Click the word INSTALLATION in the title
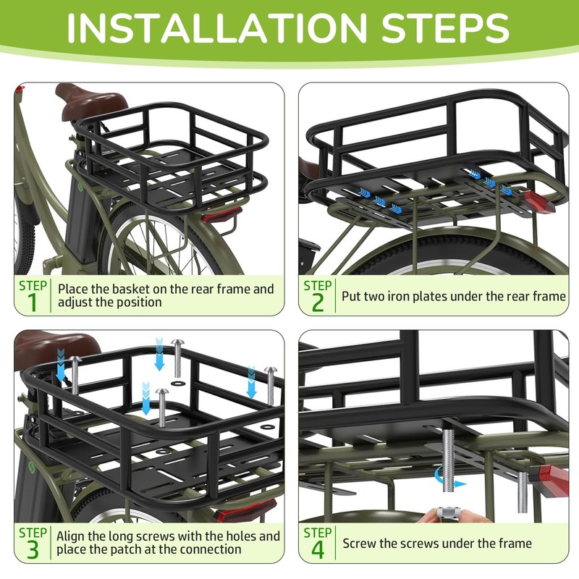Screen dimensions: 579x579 click(216, 28)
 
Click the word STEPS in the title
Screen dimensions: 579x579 click(446, 28)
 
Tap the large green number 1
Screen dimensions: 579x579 click(33, 302)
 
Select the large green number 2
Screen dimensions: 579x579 click(318, 303)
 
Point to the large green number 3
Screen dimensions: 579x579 click(33, 550)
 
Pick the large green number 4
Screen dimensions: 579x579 click(318, 550)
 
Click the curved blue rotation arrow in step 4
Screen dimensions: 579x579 click(447, 478)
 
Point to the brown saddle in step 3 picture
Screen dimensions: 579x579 click(56, 349)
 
